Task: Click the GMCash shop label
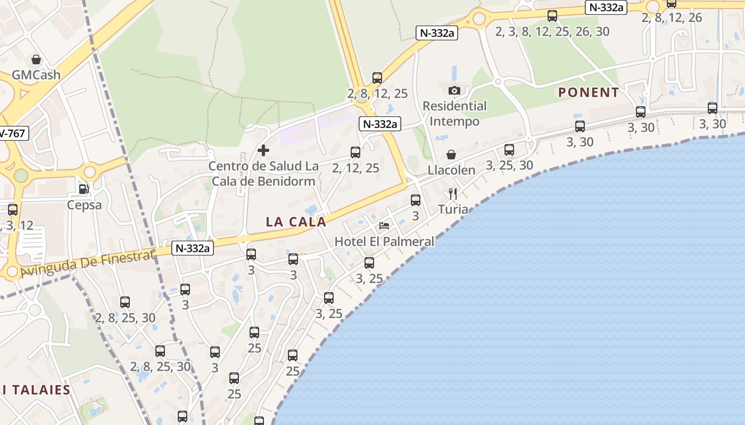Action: (36, 75)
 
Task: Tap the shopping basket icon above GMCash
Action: (36, 59)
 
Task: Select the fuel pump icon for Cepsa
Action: (84, 189)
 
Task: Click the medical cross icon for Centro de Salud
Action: (263, 150)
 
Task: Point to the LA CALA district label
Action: (296, 222)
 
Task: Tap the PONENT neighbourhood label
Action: (589, 92)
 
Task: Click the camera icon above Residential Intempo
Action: (454, 90)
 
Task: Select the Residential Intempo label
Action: (454, 114)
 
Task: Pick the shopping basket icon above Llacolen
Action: (451, 155)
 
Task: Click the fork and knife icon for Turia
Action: (453, 193)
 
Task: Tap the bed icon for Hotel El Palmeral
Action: (384, 226)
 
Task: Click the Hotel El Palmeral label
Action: (384, 242)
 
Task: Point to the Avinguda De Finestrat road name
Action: (88, 263)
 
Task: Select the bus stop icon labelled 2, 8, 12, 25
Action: (377, 78)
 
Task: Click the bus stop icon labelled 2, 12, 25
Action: (355, 152)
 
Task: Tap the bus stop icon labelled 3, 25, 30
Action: (509, 150)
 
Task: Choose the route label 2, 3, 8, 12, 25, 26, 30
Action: (552, 32)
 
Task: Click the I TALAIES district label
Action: (36, 390)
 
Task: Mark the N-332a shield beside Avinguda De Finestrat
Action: (193, 248)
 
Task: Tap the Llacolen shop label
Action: (451, 171)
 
